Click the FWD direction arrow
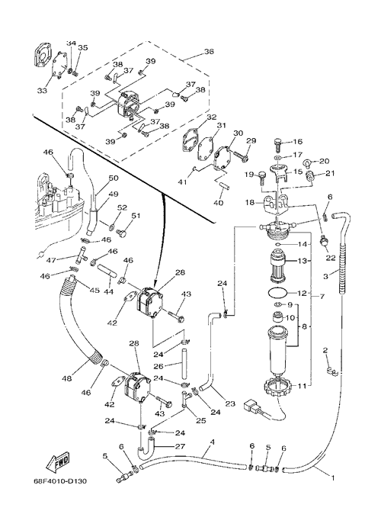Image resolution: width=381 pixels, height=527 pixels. (58, 462)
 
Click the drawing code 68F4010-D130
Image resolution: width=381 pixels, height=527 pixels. (60, 481)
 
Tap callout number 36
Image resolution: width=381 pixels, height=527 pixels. (209, 52)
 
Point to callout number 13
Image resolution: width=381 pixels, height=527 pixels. (302, 261)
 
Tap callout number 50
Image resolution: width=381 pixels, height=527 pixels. (114, 178)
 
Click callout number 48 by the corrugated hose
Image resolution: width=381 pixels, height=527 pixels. (67, 378)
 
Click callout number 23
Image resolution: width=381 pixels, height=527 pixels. (230, 403)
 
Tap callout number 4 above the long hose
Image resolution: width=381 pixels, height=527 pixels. (212, 442)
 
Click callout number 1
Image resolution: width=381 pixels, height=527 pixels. (333, 477)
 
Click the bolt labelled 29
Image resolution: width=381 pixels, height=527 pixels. (242, 155)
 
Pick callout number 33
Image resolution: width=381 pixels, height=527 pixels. (42, 91)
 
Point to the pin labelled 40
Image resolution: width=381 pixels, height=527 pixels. (222, 185)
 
